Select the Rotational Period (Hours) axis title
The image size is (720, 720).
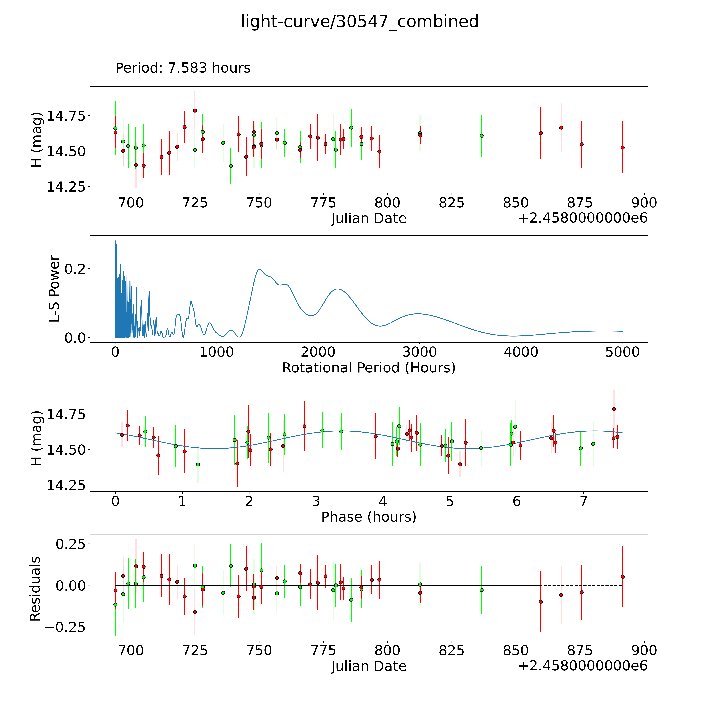(x=369, y=368)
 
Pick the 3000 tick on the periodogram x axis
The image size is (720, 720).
(x=420, y=352)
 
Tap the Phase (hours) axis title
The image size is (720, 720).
(x=369, y=517)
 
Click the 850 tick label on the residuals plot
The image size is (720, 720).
(x=515, y=651)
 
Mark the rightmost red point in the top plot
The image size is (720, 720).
(x=622, y=148)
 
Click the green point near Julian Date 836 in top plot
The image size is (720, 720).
(x=481, y=136)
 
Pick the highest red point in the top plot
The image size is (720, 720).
(x=195, y=111)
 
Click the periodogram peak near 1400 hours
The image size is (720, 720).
(x=259, y=269)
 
